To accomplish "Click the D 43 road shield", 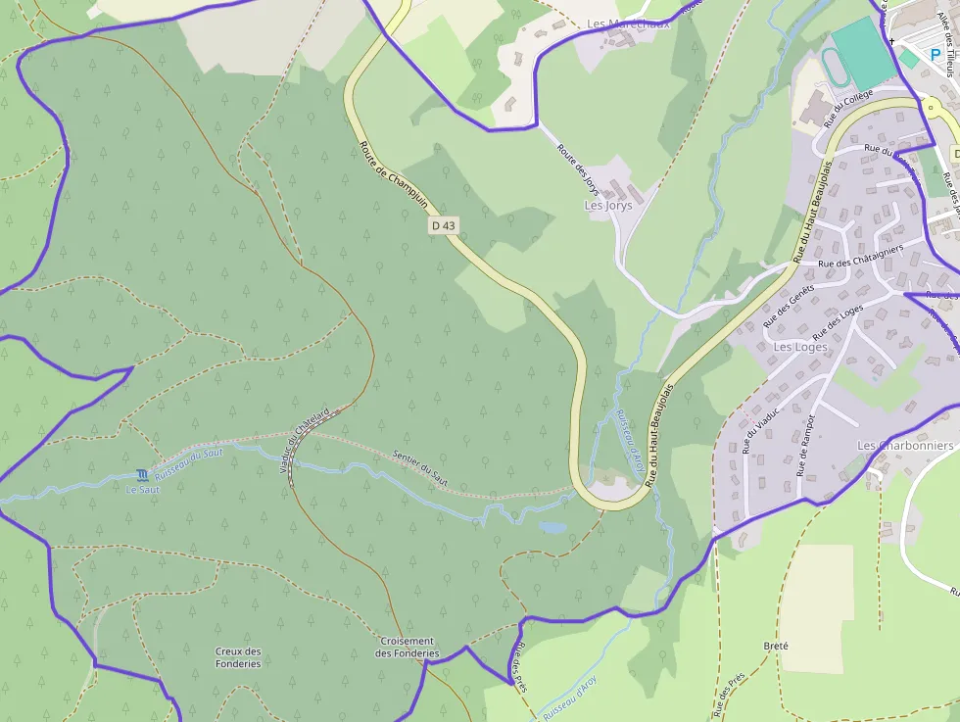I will click(x=444, y=225).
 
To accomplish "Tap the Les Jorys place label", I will click(x=608, y=206).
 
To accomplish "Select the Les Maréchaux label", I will click(x=629, y=24).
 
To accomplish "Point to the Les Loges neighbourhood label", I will click(x=800, y=347).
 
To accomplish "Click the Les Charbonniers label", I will click(x=905, y=446).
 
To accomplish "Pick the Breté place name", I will click(x=775, y=647).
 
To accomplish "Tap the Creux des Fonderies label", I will click(x=238, y=657).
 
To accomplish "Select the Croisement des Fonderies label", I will click(x=408, y=648).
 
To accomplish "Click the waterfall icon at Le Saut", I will click(x=144, y=474).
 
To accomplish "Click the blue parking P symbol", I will click(x=936, y=55).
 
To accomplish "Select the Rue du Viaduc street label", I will click(x=760, y=430).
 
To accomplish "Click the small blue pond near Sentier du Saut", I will click(x=552, y=527).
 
